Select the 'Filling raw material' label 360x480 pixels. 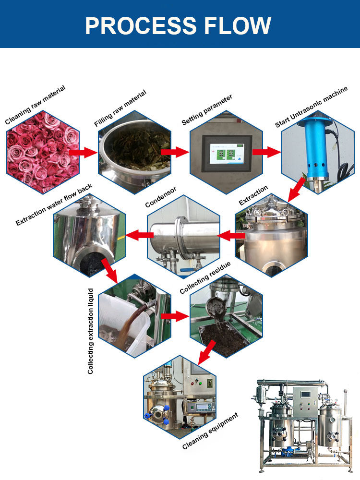pyautogui.click(x=120, y=108)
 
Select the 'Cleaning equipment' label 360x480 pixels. pyautogui.click(x=210, y=431)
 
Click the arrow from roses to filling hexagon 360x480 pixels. pyautogui.click(x=83, y=152)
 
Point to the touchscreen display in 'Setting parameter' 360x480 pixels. pyautogui.click(x=227, y=152)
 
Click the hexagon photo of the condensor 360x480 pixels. pyautogui.click(x=182, y=235)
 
